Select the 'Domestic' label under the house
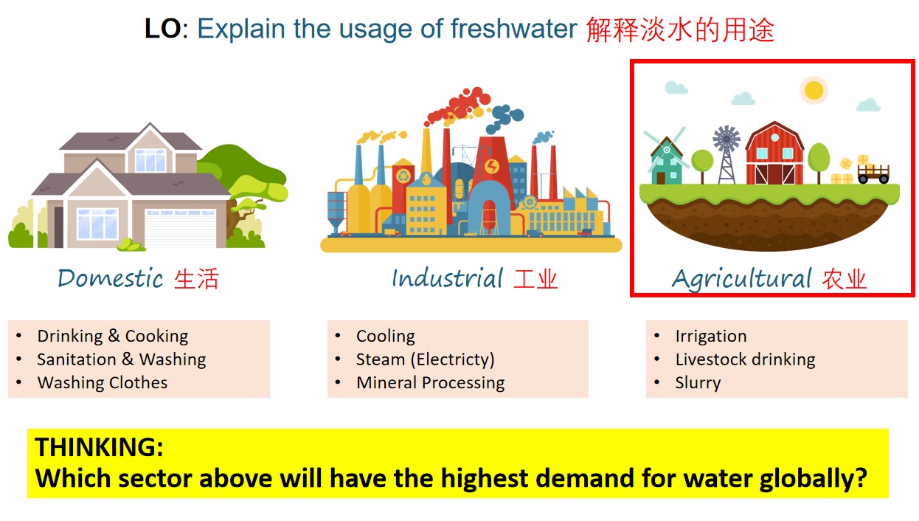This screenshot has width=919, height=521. (110, 279)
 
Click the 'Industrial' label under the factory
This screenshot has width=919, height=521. (447, 279)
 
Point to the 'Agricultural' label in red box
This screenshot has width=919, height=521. (741, 280)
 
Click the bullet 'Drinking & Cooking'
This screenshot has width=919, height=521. (112, 337)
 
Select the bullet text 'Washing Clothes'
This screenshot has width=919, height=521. (102, 383)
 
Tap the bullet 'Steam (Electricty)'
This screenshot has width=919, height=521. (425, 359)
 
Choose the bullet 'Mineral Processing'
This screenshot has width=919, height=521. (430, 383)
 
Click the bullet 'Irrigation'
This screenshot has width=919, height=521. (710, 337)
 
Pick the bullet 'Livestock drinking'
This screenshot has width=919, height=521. (745, 359)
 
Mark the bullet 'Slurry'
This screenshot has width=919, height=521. (698, 383)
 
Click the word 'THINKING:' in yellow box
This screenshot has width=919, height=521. (99, 447)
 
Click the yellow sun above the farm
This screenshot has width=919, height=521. (814, 90)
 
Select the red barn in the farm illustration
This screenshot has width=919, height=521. (774, 155)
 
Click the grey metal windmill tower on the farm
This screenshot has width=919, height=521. (726, 155)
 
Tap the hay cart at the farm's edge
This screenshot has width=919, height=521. (873, 173)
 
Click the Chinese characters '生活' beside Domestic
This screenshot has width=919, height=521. (196, 279)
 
